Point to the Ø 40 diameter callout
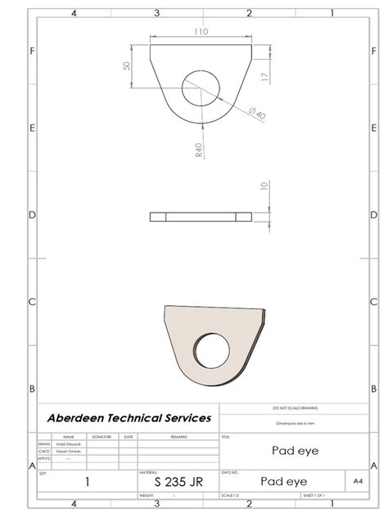pyautogui.click(x=257, y=113)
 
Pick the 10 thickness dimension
pyautogui.click(x=263, y=187)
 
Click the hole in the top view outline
pyautogui.click(x=201, y=88)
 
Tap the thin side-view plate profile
pyautogui.click(x=201, y=217)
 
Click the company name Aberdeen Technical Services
pyautogui.click(x=128, y=417)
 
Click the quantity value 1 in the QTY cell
pyautogui.click(x=87, y=483)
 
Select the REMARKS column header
pyautogui.click(x=178, y=437)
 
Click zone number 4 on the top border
pyautogui.click(x=74, y=13)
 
